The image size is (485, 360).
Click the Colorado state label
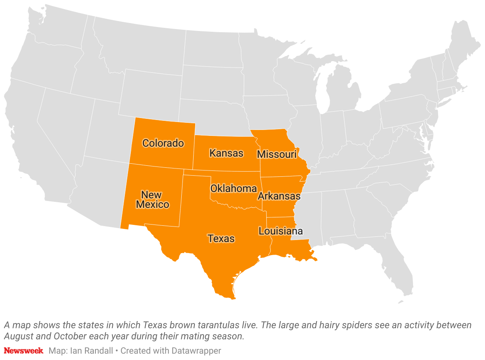point(163,143)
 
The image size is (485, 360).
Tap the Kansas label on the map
point(226,153)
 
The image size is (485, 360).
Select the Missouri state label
point(277,154)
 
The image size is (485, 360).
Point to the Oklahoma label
point(233,188)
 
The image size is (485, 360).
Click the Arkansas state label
point(279,196)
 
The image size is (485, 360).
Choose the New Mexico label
point(152,200)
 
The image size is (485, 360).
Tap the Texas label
point(221,238)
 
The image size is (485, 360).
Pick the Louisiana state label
point(280,231)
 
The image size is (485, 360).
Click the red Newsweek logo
point(23,350)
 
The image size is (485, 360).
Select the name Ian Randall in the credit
point(93,350)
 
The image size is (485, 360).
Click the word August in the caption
point(17,336)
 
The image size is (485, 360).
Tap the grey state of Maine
point(463,40)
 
